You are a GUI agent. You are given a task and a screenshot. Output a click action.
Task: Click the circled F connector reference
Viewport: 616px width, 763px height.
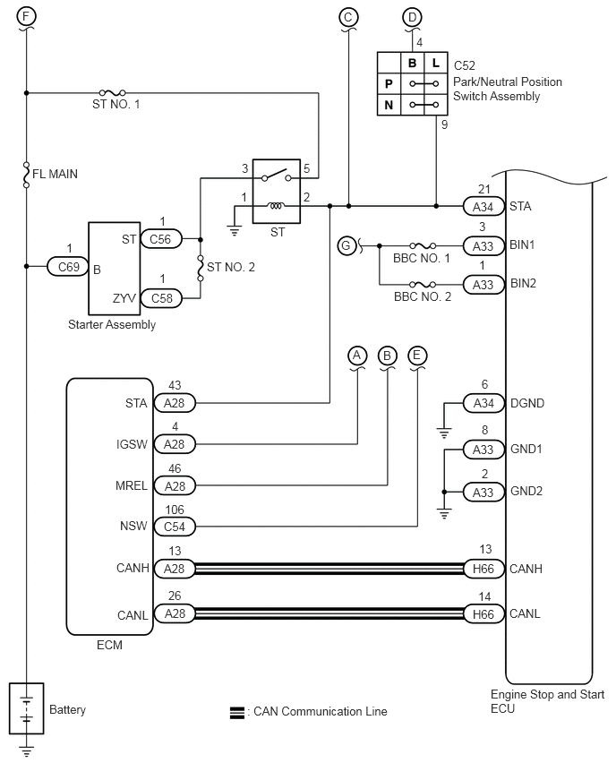click(x=26, y=16)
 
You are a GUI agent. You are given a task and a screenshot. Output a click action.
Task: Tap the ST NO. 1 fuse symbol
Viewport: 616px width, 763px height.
click(x=113, y=92)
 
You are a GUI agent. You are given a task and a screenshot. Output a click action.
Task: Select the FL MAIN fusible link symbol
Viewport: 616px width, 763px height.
click(x=26, y=175)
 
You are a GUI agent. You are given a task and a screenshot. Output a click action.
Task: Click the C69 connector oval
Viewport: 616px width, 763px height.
click(x=68, y=267)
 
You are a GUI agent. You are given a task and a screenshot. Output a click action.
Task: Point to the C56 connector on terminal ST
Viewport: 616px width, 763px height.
click(x=160, y=239)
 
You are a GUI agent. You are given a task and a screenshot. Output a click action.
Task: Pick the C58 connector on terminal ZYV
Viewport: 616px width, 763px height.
click(x=161, y=298)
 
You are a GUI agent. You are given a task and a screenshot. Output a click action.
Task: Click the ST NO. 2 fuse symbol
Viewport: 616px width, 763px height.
click(x=200, y=268)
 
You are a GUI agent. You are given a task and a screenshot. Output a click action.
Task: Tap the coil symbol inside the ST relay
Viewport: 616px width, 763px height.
click(x=276, y=206)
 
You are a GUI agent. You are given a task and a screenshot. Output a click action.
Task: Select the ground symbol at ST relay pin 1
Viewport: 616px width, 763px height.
click(x=235, y=231)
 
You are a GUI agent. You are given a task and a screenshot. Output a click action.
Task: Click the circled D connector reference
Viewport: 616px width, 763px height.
click(x=412, y=18)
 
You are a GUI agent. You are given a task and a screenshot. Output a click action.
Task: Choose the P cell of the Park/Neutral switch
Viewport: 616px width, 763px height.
click(x=389, y=83)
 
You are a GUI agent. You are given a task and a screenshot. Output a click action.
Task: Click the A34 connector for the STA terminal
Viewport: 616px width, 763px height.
click(x=483, y=206)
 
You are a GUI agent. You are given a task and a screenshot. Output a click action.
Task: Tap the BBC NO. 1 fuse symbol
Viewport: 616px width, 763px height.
click(x=423, y=245)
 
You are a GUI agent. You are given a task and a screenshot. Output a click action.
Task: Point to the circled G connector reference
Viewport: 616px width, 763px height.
click(x=346, y=245)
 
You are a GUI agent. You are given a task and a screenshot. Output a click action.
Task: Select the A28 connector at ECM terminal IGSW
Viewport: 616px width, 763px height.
click(x=175, y=444)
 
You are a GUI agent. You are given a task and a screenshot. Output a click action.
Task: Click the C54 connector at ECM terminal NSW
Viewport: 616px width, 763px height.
click(x=175, y=527)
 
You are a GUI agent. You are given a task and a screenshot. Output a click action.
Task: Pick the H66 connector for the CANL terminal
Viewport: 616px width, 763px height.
click(x=483, y=614)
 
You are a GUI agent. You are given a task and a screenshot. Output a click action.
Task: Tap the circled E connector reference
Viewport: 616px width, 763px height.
click(x=416, y=356)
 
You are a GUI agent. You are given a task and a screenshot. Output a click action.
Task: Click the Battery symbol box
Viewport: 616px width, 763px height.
click(x=27, y=708)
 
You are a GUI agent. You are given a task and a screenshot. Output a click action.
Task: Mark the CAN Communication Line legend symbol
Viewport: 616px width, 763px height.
click(x=237, y=713)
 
